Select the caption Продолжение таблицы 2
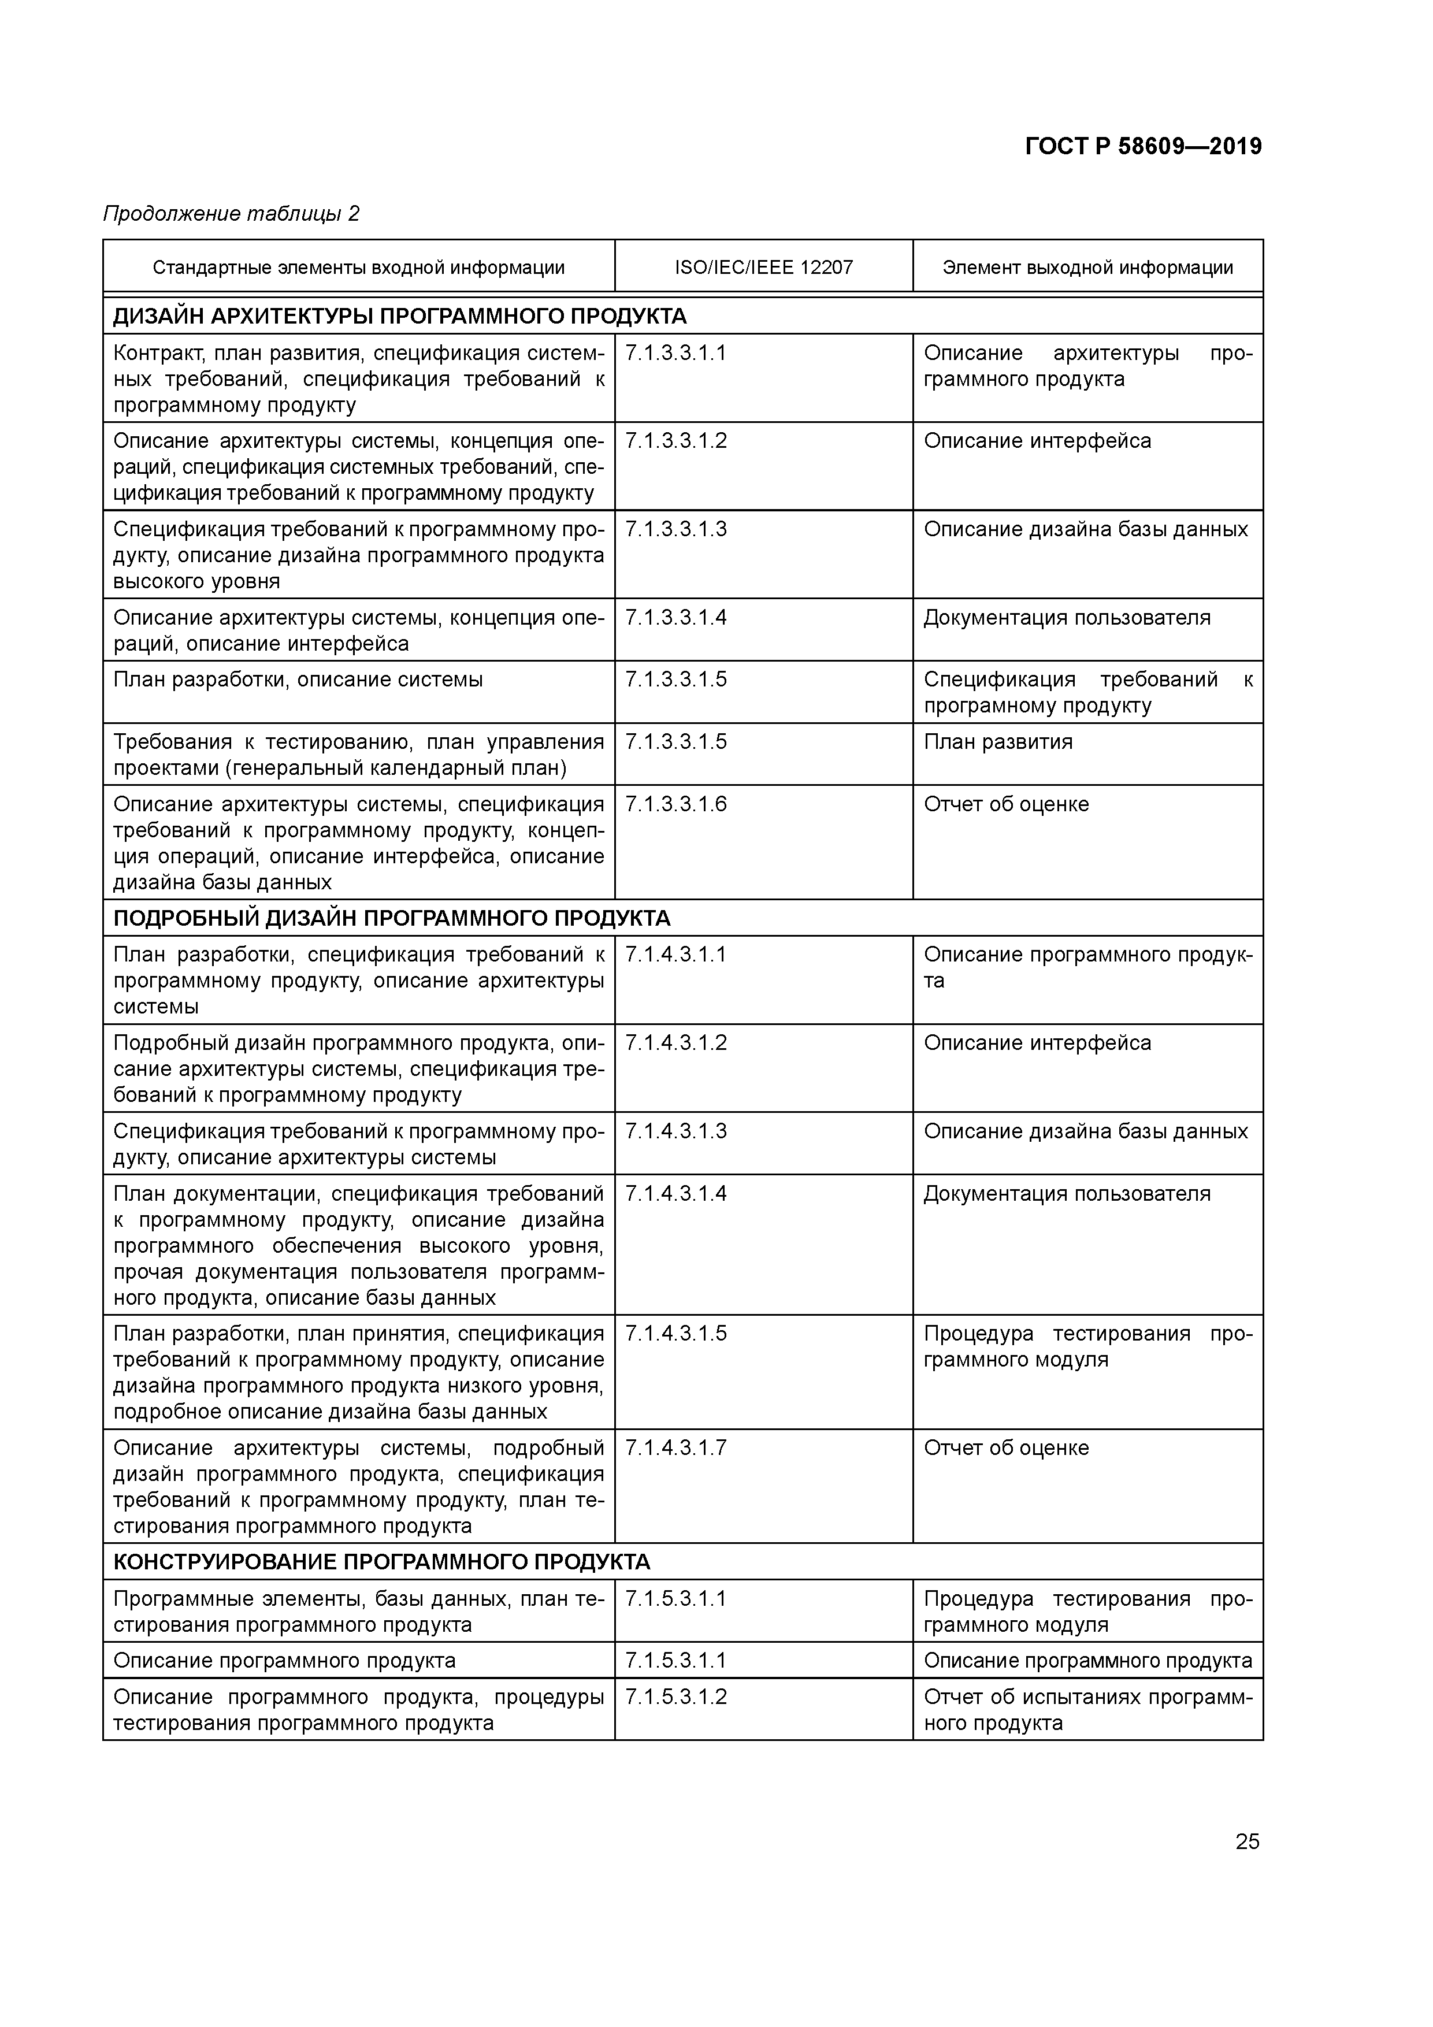(231, 214)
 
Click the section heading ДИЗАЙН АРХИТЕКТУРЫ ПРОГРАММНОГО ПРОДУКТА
(400, 316)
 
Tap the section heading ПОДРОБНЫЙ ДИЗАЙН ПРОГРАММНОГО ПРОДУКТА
(392, 918)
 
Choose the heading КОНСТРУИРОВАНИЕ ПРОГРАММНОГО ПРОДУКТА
(381, 1562)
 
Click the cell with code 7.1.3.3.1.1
(675, 353)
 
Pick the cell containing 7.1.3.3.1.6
(675, 804)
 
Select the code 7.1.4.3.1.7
(675, 1448)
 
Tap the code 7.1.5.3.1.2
(675, 1697)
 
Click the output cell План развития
(998, 741)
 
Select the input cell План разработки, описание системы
(298, 680)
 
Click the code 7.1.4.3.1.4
(675, 1194)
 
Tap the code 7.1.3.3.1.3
(675, 529)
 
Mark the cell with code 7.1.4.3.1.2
(675, 1042)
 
